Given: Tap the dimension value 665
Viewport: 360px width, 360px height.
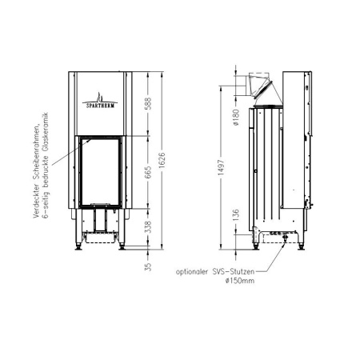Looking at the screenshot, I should [x=147, y=174].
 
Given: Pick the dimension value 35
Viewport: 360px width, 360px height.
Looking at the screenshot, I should [x=147, y=266].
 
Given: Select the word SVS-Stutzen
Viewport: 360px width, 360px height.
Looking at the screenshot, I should [x=239, y=272].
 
